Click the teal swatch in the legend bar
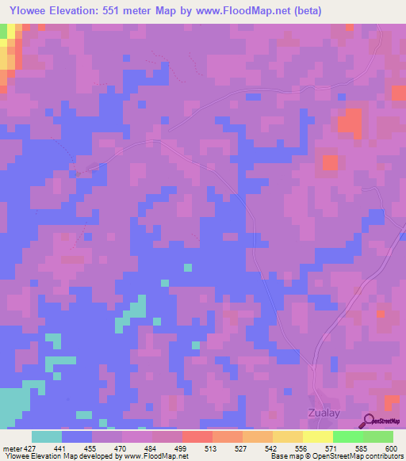click(x=47, y=436)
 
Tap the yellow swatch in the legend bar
click(x=318, y=436)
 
